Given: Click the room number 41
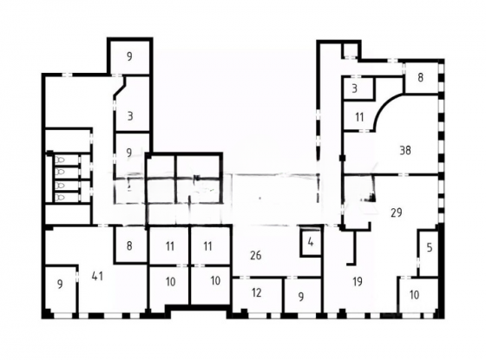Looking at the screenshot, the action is click(x=97, y=276).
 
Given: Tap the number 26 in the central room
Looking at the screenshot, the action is click(x=256, y=255).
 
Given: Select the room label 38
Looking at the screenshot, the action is click(x=405, y=151).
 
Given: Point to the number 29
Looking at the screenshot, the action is click(x=397, y=213).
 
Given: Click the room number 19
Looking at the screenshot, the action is click(x=358, y=282).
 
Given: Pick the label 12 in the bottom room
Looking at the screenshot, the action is click(x=256, y=292).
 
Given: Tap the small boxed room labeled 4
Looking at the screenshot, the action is click(x=311, y=243).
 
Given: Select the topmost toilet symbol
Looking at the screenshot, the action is click(x=60, y=160).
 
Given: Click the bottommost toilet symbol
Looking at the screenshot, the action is click(x=60, y=197).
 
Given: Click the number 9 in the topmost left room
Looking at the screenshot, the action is click(x=129, y=56).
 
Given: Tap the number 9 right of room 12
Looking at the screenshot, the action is click(x=301, y=297).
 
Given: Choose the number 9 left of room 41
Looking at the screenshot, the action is click(x=60, y=284).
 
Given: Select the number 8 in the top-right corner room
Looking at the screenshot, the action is click(x=420, y=77).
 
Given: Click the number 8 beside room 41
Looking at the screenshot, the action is click(x=129, y=245).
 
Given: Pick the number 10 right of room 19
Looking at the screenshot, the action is click(x=415, y=295).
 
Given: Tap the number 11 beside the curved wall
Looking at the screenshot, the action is click(x=359, y=117).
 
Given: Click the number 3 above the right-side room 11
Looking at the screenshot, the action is click(x=355, y=88).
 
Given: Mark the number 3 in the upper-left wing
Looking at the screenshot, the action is click(x=130, y=116).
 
